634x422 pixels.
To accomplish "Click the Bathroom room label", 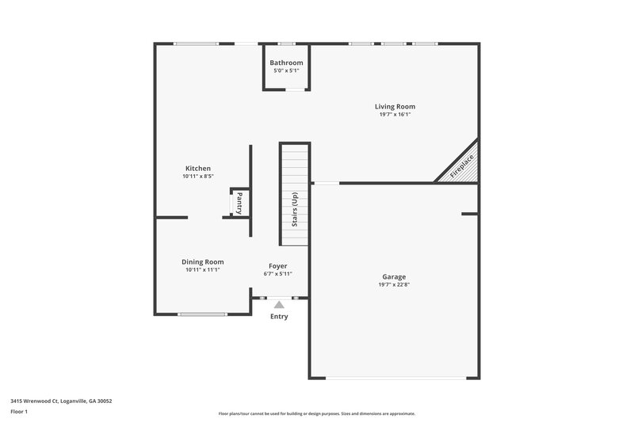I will [x=286, y=63].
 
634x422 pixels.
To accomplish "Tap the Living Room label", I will [x=395, y=106].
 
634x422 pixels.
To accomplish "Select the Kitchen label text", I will [x=198, y=168].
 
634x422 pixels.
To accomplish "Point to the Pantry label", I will [x=239, y=203].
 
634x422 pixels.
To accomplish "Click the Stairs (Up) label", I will [x=294, y=209].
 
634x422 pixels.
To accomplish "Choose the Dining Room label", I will [x=203, y=262].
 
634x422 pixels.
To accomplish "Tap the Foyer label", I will [x=277, y=266].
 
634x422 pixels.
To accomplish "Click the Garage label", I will [x=394, y=276].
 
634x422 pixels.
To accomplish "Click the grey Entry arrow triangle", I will [x=279, y=304].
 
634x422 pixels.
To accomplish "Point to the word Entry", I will [x=279, y=317].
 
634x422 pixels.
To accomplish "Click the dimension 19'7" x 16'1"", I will [x=395, y=115].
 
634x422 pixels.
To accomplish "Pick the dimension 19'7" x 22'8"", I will [x=394, y=285].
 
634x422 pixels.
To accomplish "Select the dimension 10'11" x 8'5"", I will [x=198, y=177].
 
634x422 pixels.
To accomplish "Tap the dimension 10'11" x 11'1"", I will [x=203, y=270].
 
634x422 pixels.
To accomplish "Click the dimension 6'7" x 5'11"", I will [x=277, y=274].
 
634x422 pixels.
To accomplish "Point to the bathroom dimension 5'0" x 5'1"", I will [x=286, y=70].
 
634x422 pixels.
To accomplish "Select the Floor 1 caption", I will [x=19, y=412].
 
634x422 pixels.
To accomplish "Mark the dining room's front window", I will [x=203, y=314].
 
